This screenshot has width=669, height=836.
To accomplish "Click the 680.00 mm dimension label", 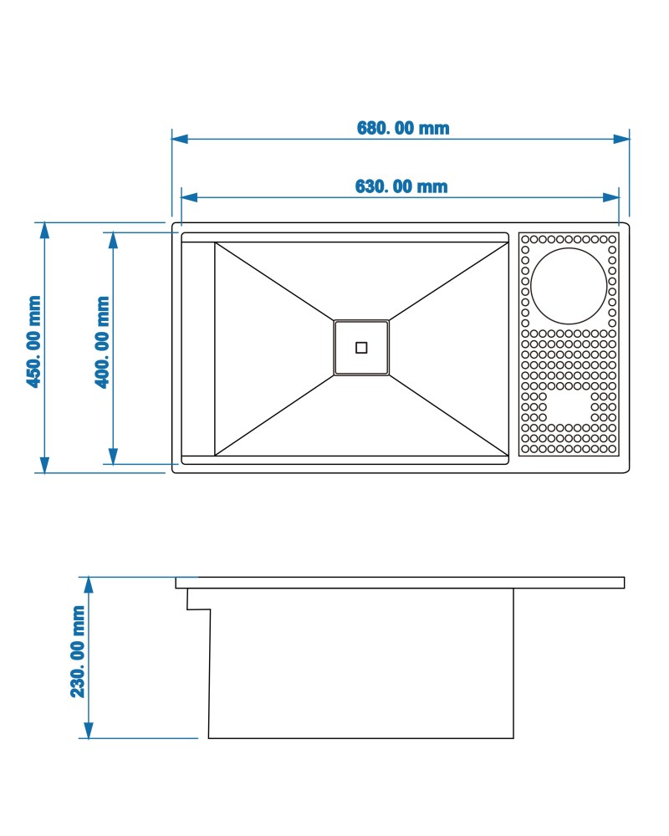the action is click(x=403, y=128).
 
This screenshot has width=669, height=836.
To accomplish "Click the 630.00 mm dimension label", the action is click(x=401, y=186).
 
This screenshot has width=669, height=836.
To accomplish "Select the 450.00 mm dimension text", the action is click(x=33, y=342).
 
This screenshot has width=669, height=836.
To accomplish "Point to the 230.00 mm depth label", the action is click(x=78, y=651).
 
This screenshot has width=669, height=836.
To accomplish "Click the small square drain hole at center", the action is click(x=361, y=348).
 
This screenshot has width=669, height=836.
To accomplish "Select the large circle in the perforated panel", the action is click(x=569, y=286).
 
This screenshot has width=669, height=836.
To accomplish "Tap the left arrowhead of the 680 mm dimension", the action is click(x=180, y=139).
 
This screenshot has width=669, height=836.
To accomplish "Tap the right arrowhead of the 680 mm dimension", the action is click(x=621, y=139).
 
